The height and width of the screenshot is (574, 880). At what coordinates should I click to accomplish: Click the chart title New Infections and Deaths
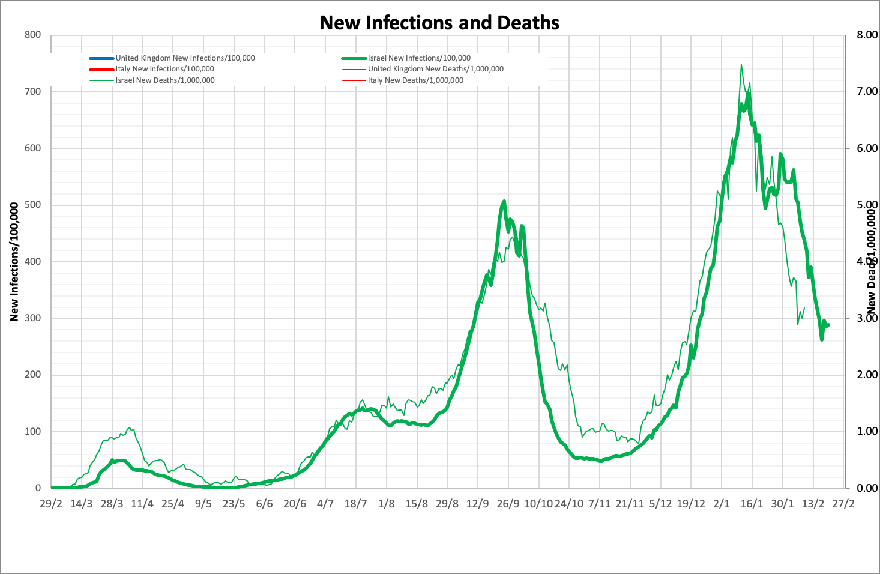pyautogui.click(x=439, y=23)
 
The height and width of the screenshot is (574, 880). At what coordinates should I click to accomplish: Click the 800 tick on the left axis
pyautogui.click(x=33, y=35)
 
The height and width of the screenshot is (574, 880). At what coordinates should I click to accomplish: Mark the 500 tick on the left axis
pyautogui.click(x=33, y=205)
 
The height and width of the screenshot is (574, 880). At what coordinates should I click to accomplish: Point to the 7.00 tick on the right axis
pyautogui.click(x=862, y=92)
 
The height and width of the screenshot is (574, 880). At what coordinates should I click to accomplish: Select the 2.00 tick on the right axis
pyautogui.click(x=862, y=375)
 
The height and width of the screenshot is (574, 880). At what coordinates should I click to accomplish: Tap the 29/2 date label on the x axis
pyautogui.click(x=51, y=503)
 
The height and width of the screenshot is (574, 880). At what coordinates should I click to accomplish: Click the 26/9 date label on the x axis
pyautogui.click(x=508, y=503)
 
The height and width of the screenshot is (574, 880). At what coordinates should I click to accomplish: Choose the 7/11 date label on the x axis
pyautogui.click(x=599, y=503)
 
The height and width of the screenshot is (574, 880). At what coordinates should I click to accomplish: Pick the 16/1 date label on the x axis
pyautogui.click(x=752, y=503)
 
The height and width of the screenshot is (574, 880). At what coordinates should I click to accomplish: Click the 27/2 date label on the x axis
pyautogui.click(x=843, y=503)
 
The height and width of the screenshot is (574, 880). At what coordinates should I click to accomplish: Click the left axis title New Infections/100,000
pyautogui.click(x=14, y=261)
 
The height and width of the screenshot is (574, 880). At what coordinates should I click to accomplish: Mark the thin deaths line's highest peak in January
pyautogui.click(x=741, y=64)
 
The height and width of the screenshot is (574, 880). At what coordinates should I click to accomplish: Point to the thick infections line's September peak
pyautogui.click(x=504, y=201)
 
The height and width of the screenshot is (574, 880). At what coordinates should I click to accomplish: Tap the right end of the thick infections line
pyautogui.click(x=828, y=325)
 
